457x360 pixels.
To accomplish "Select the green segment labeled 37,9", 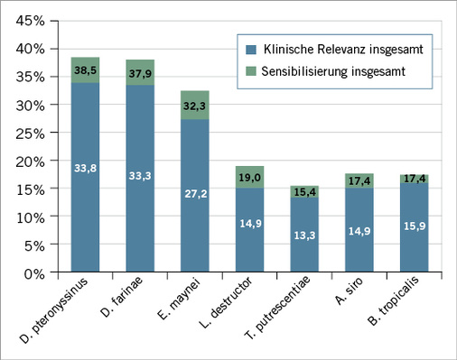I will (141, 72).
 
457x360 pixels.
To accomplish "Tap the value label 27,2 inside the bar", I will (196, 193).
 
